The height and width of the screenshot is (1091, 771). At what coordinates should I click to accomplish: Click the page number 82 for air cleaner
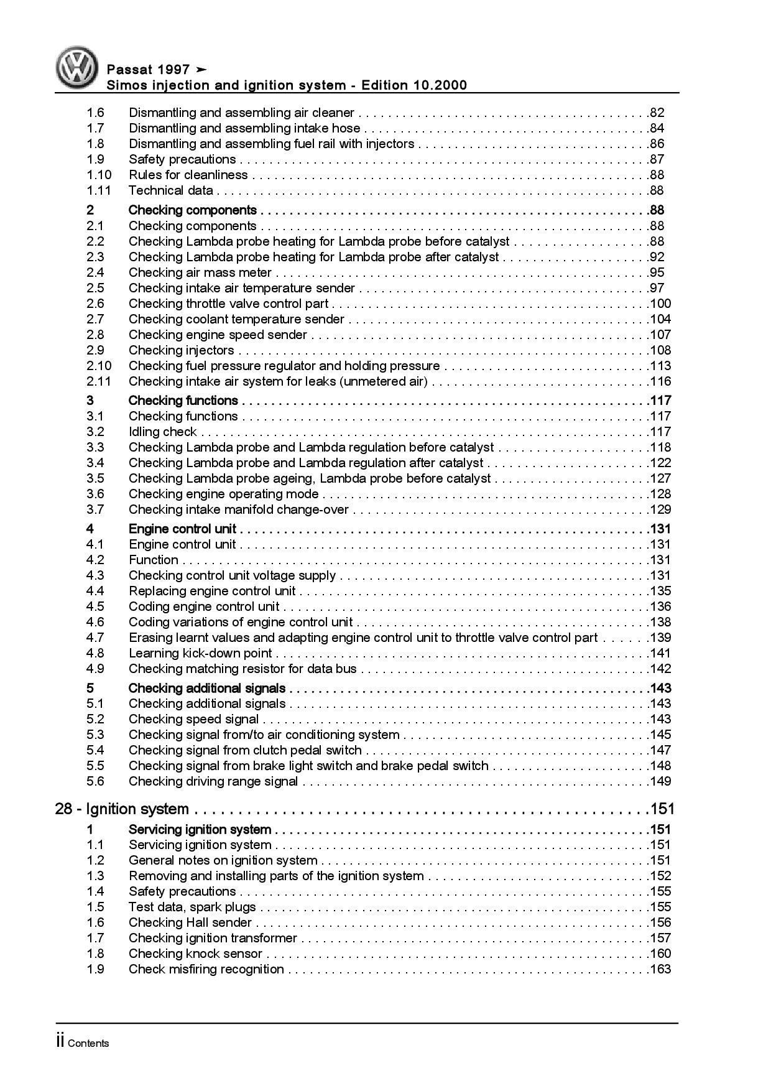[x=657, y=113]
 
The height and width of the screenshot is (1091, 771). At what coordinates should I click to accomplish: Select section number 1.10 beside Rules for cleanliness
[x=99, y=175]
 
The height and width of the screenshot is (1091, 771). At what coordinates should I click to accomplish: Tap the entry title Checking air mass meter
[x=200, y=272]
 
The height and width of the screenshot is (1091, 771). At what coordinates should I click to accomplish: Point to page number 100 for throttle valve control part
[x=660, y=304]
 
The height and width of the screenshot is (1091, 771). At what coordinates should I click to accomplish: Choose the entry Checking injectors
[x=181, y=350]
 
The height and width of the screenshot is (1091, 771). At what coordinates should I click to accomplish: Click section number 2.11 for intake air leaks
[x=99, y=381]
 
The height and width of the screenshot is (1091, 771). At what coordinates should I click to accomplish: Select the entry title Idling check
[x=162, y=432]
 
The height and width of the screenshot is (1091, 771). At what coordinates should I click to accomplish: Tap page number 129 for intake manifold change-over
[x=660, y=509]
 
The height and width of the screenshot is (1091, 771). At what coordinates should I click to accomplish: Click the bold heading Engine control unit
[x=182, y=529]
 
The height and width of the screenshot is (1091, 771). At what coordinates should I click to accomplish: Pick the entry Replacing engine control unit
[x=212, y=591]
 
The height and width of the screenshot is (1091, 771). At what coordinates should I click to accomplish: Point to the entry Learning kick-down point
[x=200, y=653]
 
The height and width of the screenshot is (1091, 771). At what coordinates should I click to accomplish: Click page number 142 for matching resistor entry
[x=660, y=669]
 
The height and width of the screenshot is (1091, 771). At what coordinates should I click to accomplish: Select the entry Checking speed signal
[x=193, y=719]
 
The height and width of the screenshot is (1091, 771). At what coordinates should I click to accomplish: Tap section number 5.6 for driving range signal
[x=95, y=781]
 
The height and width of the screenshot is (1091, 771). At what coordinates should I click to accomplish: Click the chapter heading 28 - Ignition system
[x=122, y=809]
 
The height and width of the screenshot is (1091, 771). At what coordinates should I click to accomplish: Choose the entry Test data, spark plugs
[x=192, y=907]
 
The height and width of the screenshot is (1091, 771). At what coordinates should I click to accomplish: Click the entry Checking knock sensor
[x=195, y=954]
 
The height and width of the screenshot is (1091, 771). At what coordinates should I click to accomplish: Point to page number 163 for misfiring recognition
[x=660, y=969]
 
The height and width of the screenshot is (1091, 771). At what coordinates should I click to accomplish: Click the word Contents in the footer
[x=88, y=1043]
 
